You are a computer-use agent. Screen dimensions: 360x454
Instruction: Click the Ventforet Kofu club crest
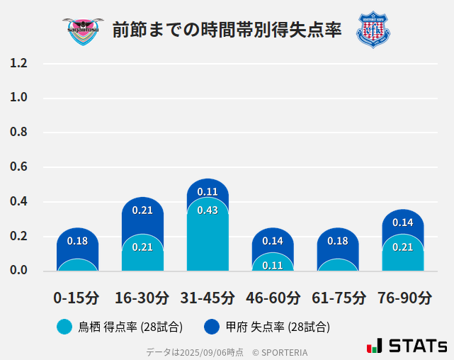pyautogui.click(x=373, y=30)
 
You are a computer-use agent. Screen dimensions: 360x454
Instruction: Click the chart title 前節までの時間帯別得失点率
pyautogui.click(x=227, y=30)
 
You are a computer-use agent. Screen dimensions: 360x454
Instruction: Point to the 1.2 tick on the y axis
pyautogui.click(x=18, y=64)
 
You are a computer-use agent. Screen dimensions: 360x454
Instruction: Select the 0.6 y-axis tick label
pyautogui.click(x=18, y=167)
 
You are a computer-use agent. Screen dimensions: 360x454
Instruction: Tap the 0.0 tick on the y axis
pyautogui.click(x=18, y=270)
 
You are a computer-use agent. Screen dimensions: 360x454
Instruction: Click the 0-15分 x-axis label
pyautogui.click(x=76, y=298)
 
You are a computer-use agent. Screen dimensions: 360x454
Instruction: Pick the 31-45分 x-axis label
pyautogui.click(x=208, y=298)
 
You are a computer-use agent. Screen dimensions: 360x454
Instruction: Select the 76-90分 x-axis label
pyautogui.click(x=404, y=298)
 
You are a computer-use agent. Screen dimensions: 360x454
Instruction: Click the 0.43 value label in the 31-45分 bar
pyautogui.click(x=208, y=210)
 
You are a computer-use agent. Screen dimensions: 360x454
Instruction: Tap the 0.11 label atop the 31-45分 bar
pyautogui.click(x=208, y=191)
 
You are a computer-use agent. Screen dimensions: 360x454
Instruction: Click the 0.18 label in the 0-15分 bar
pyautogui.click(x=77, y=241)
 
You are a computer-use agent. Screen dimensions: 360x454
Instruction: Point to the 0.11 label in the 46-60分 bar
pyautogui.click(x=273, y=266)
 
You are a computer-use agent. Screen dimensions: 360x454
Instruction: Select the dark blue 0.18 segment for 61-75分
pyautogui.click(x=338, y=241)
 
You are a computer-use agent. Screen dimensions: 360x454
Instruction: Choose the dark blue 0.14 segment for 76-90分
pyautogui.click(x=403, y=223)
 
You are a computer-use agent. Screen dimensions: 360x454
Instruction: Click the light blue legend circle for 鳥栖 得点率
pyautogui.click(x=64, y=327)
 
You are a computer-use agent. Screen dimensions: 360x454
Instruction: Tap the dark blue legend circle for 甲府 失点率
pyautogui.click(x=212, y=327)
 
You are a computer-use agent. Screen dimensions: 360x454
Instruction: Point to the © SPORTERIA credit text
pyautogui.click(x=280, y=351)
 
